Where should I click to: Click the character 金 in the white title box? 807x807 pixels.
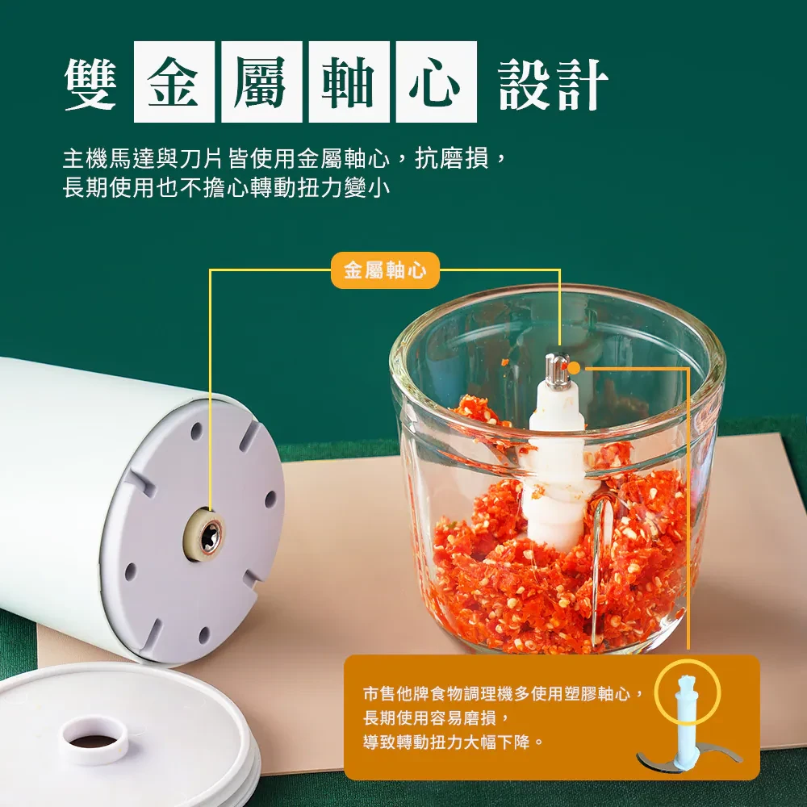[x=174, y=82]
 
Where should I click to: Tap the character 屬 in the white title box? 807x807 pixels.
[x=261, y=82]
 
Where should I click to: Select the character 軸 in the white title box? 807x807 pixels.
[x=349, y=82]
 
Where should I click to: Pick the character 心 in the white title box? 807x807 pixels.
[x=436, y=82]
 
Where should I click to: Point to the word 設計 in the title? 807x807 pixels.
[x=554, y=83]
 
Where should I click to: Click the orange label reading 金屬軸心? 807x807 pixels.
[x=385, y=270]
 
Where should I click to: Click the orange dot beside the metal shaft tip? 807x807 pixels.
[x=574, y=368]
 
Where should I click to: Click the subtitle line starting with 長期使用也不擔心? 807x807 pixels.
[x=226, y=187]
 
